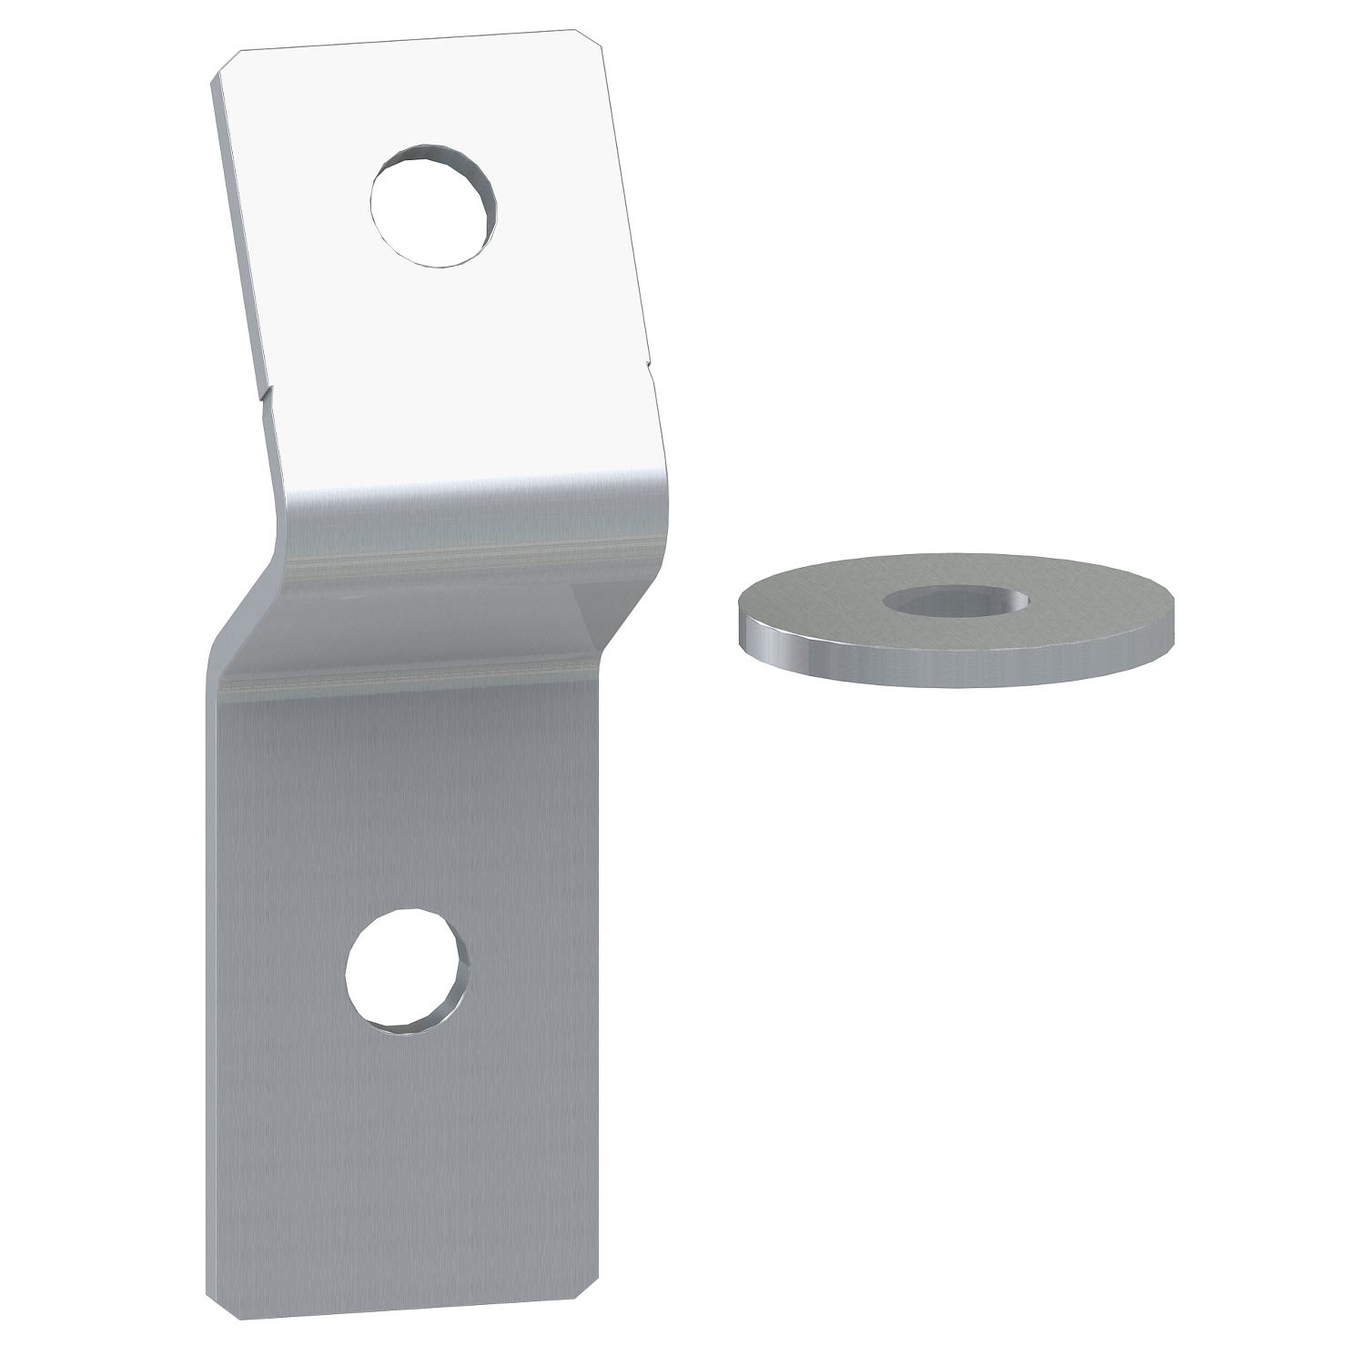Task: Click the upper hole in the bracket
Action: click(433, 206)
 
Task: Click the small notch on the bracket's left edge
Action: click(264, 395)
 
